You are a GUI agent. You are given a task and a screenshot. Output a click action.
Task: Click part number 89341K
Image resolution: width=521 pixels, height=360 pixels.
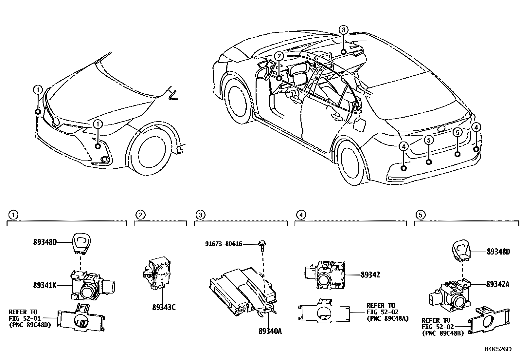[45, 285]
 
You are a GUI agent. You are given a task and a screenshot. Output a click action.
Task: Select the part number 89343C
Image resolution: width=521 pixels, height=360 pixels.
[164, 308]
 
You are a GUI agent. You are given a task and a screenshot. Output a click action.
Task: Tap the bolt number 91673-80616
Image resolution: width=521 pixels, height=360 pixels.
[224, 244]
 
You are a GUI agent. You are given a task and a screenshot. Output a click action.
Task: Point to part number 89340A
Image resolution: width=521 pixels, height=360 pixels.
[270, 332]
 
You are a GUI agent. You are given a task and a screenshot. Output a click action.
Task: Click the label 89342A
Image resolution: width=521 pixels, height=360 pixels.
[497, 284]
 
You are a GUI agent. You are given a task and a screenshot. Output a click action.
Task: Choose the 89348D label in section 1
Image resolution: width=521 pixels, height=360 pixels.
[45, 242]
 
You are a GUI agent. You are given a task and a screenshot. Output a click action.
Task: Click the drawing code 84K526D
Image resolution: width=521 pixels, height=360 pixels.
[498, 349]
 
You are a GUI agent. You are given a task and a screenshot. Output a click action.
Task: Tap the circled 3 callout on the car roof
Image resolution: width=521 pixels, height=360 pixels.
[343, 30]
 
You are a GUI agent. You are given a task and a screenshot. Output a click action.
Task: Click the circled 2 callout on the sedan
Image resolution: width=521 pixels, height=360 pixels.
[278, 56]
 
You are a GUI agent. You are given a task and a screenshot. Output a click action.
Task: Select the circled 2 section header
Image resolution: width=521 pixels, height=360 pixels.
[140, 215]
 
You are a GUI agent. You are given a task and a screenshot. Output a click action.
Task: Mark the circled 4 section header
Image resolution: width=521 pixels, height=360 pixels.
[301, 215]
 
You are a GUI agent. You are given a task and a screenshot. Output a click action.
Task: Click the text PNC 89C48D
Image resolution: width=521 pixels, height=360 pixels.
[29, 325]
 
